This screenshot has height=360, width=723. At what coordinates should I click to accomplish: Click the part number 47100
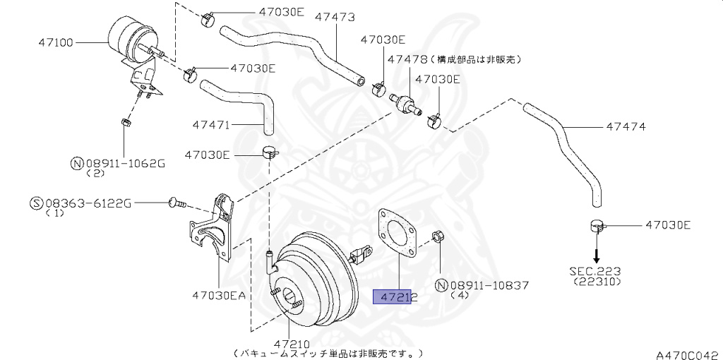(56, 42)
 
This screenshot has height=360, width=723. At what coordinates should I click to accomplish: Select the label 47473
(334, 16)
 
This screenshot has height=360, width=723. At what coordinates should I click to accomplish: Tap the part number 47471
(211, 125)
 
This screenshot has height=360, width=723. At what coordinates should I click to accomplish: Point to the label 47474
(626, 127)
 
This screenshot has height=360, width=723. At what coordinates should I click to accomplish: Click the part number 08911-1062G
(124, 163)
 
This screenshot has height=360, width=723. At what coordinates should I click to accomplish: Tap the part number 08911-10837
(489, 285)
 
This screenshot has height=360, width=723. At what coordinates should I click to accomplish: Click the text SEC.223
(596, 270)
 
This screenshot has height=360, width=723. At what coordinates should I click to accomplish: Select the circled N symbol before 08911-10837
(442, 285)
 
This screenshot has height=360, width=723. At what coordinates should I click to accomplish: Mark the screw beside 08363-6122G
(177, 203)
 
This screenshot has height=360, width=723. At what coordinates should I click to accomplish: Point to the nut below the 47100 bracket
(125, 122)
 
